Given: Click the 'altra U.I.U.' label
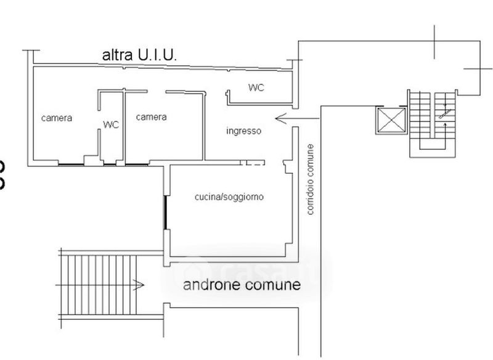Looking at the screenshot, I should [x=139, y=55].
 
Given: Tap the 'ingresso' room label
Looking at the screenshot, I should [x=243, y=131].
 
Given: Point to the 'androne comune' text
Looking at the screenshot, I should [x=242, y=285].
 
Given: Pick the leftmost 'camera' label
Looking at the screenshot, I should [x=57, y=118].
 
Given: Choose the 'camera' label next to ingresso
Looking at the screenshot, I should [x=152, y=117].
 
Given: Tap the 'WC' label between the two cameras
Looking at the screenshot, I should [x=111, y=125].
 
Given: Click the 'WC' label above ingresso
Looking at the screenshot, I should [x=256, y=88].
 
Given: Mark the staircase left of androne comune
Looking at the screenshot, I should [x=102, y=285].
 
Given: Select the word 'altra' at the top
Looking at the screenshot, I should [x=115, y=55].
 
